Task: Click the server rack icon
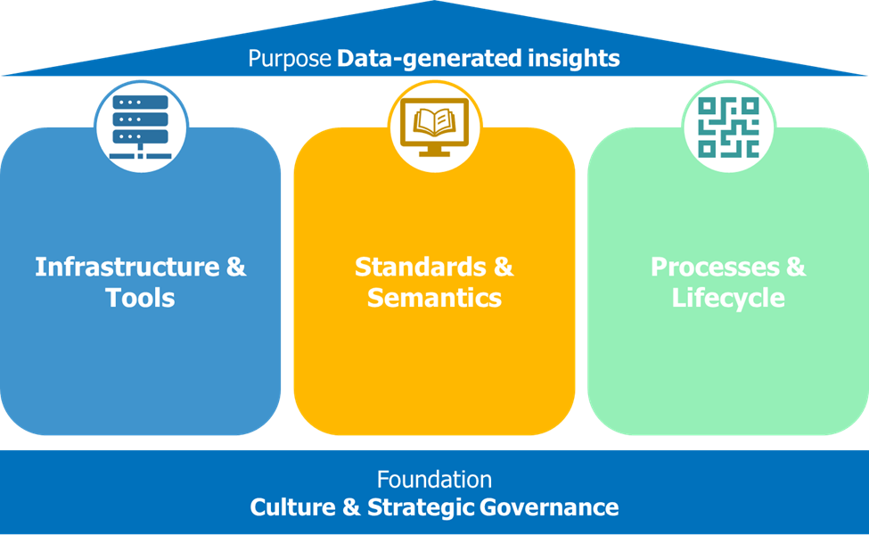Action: [141, 128]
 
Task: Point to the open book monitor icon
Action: [435, 128]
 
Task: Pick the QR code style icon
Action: [728, 128]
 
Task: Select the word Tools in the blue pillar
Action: [141, 298]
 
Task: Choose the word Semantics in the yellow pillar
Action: [435, 298]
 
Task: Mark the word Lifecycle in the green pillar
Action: [728, 298]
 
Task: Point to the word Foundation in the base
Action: [434, 479]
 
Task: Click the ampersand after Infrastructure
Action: [236, 267]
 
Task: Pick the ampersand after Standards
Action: [504, 267]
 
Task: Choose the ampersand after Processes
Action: [795, 267]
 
